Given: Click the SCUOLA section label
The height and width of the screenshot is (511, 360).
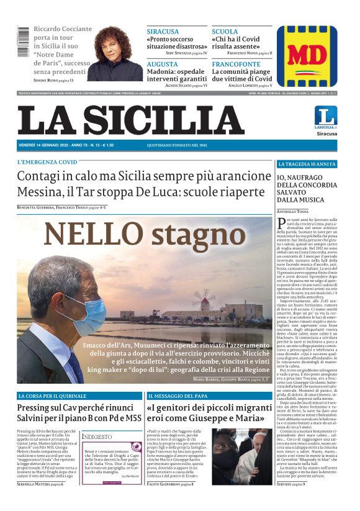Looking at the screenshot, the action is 224,31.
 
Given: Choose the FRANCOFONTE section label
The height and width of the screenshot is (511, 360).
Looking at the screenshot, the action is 236,64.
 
